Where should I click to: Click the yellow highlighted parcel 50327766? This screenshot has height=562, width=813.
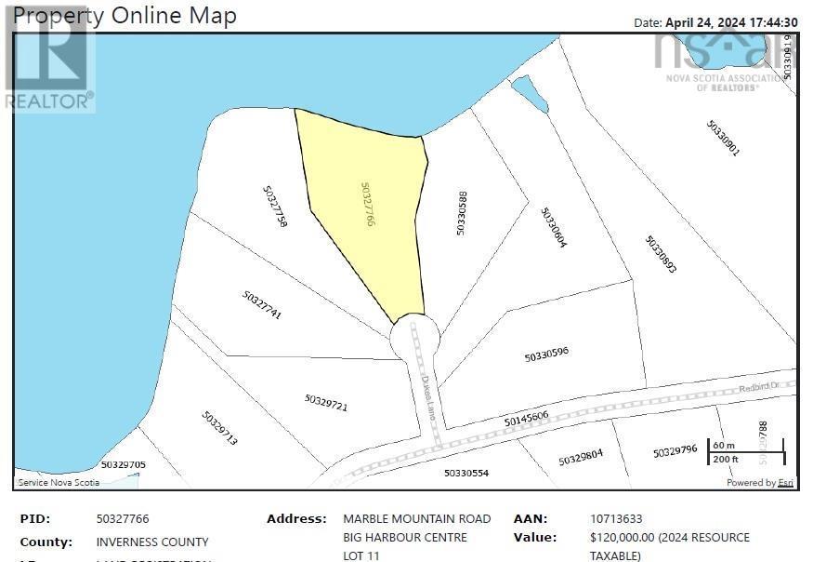click(x=367, y=214)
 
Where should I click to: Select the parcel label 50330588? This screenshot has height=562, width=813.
click(x=461, y=213)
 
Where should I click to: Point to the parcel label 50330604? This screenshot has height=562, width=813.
click(x=554, y=227)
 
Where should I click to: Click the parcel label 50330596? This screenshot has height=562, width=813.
click(x=546, y=354)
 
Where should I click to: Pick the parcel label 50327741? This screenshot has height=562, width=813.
click(x=262, y=305)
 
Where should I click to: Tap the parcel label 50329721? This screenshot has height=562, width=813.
click(x=325, y=403)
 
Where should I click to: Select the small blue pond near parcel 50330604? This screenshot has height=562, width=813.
click(x=530, y=93)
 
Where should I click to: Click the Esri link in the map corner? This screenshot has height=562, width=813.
click(x=786, y=483)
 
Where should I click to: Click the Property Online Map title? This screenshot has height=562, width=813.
click(x=125, y=16)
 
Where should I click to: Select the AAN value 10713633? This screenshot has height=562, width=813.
click(x=615, y=519)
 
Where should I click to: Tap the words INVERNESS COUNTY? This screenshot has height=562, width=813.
click(x=152, y=542)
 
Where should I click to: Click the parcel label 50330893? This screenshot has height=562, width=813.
click(x=661, y=253)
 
